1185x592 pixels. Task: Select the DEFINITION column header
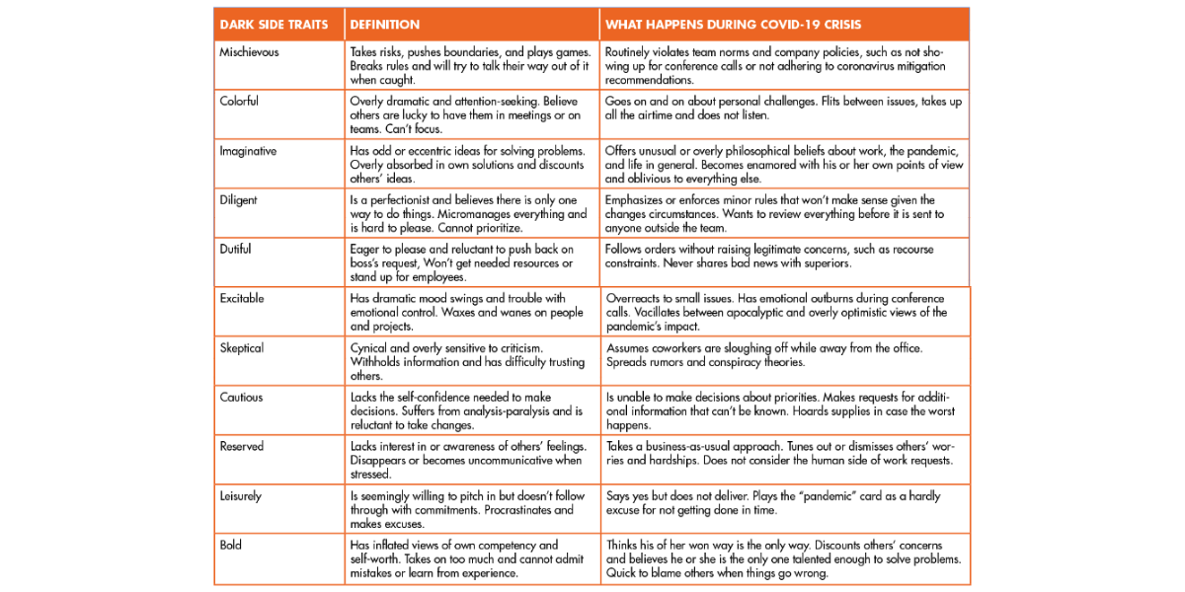pos(385,25)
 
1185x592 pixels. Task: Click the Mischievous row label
pos(250,52)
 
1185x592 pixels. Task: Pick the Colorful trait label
pos(240,102)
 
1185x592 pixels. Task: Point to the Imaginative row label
pos(248,151)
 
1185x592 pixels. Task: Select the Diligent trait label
pos(238,200)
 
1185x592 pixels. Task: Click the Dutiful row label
pos(236,250)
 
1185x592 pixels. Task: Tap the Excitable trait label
pos(242,299)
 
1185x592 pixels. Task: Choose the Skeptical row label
pos(242,348)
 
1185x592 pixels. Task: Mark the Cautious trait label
pos(241,398)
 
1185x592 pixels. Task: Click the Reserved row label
pos(242,447)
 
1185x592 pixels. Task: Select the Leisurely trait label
pos(241,496)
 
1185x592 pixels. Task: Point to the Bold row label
pos(231,546)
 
